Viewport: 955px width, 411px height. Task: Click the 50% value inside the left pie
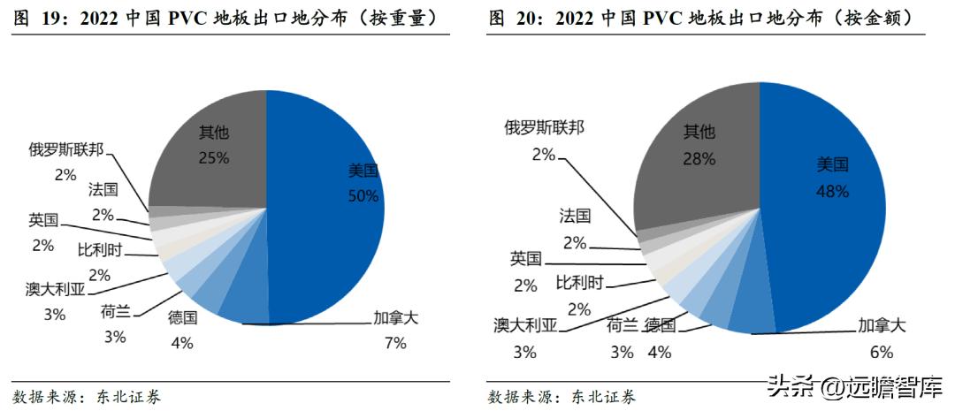pos(363,194)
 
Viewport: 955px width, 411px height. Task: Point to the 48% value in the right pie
pos(832,191)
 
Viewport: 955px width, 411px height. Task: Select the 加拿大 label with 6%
pos(882,325)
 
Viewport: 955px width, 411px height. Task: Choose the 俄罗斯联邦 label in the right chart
pos(544,127)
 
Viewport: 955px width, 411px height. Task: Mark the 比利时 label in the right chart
pos(579,283)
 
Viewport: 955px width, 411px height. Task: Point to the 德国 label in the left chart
pos(182,318)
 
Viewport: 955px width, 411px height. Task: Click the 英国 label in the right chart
pos(525,259)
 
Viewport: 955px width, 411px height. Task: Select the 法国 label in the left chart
pos(103,189)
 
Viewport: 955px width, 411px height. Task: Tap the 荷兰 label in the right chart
pos(622,325)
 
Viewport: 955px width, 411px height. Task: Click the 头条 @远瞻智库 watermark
pos(854,385)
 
